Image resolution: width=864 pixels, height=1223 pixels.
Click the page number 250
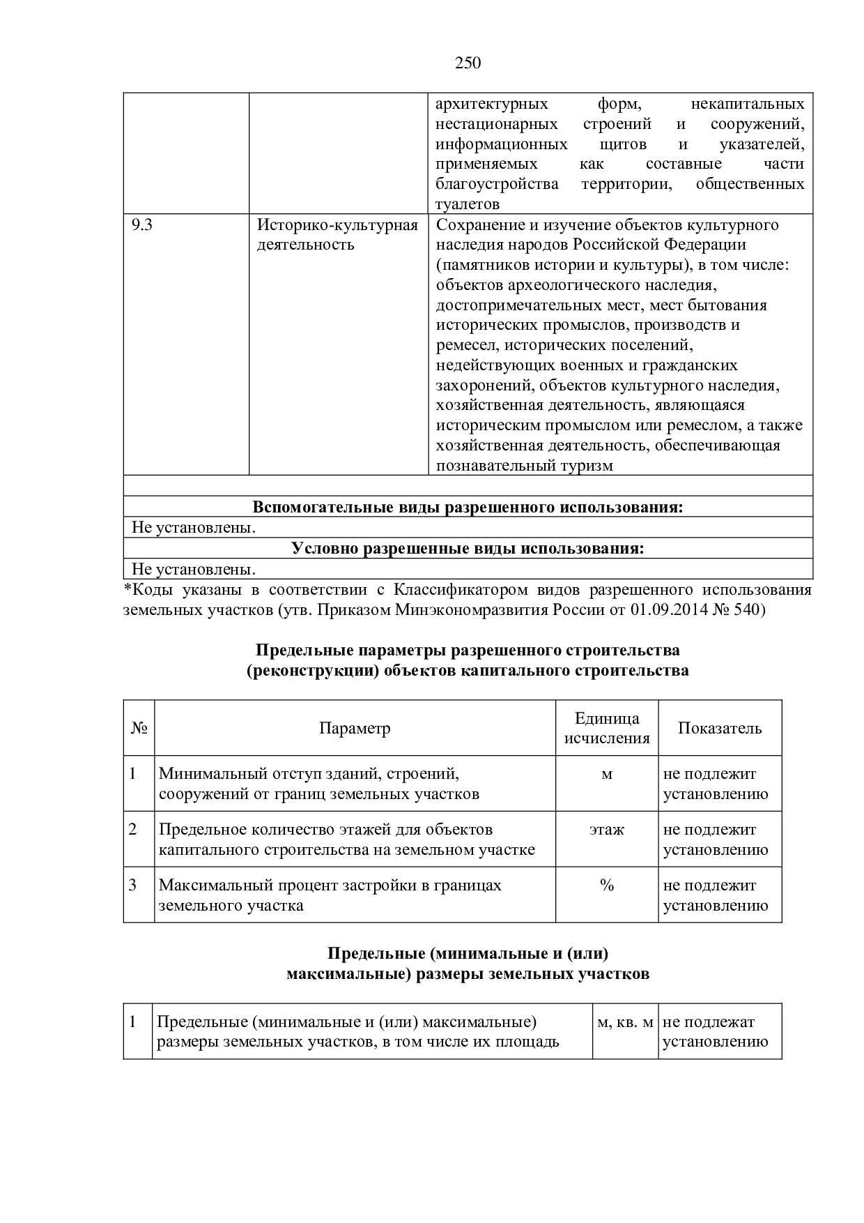tap(468, 63)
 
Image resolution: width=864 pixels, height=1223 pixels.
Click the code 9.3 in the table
tap(142, 225)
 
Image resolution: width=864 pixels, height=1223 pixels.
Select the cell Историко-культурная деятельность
tap(337, 234)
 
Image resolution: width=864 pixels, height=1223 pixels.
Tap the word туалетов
tap(468, 204)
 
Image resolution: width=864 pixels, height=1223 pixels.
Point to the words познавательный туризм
tap(525, 466)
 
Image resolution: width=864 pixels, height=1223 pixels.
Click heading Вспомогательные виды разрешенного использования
tap(468, 507)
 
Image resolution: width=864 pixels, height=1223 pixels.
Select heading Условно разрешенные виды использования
tap(468, 548)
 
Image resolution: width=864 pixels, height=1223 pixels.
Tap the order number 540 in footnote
tap(748, 610)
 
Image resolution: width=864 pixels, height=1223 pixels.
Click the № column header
tap(139, 729)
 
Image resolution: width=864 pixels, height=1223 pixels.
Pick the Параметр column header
tap(355, 729)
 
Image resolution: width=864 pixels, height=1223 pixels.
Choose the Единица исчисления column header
tap(607, 729)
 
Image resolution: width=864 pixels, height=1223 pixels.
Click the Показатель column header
tap(720, 729)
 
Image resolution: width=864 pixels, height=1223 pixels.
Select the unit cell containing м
tap(607, 774)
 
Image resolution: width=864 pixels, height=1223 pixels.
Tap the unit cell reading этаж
tap(607, 830)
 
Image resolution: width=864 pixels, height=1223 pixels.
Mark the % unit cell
tap(607, 886)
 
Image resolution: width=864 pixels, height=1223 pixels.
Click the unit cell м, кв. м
tap(625, 1022)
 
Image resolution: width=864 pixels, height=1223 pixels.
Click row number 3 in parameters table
tap(133, 886)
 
